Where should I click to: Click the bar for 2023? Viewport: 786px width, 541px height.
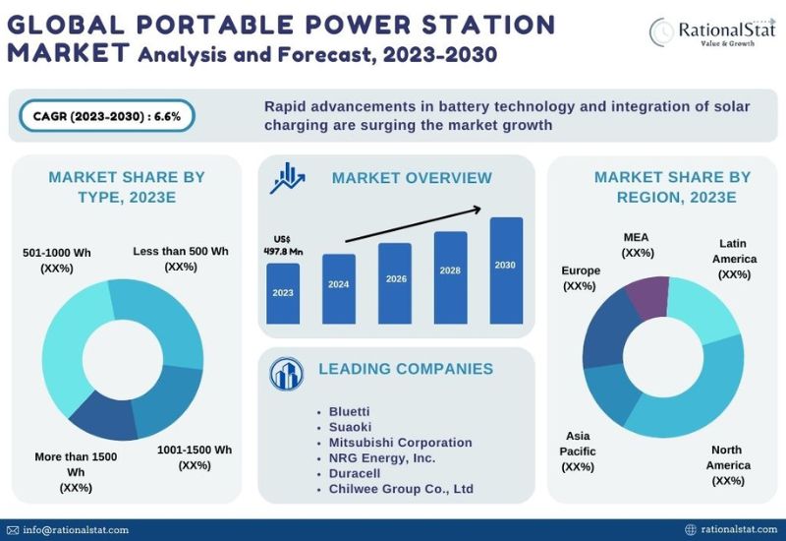283,293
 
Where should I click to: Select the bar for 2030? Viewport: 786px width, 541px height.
506,270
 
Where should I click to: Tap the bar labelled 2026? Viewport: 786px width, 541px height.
395,283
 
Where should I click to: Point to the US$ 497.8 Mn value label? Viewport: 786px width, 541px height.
283,245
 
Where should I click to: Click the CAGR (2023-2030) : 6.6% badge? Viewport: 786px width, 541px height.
107,116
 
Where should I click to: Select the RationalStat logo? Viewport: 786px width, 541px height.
712,31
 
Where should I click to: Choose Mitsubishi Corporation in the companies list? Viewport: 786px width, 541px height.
400,442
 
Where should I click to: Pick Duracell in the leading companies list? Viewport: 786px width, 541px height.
355,473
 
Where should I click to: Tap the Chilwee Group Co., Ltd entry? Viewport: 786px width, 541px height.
401,489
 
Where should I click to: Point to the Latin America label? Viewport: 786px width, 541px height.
734,259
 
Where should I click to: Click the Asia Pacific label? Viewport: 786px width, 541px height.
578,451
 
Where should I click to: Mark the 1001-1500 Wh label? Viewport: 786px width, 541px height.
195,457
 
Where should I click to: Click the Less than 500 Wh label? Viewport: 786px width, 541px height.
181,259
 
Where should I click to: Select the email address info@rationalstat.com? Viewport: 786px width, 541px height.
76,530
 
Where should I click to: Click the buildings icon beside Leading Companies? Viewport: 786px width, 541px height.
286,374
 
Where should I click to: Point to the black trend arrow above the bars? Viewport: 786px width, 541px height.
414,224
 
